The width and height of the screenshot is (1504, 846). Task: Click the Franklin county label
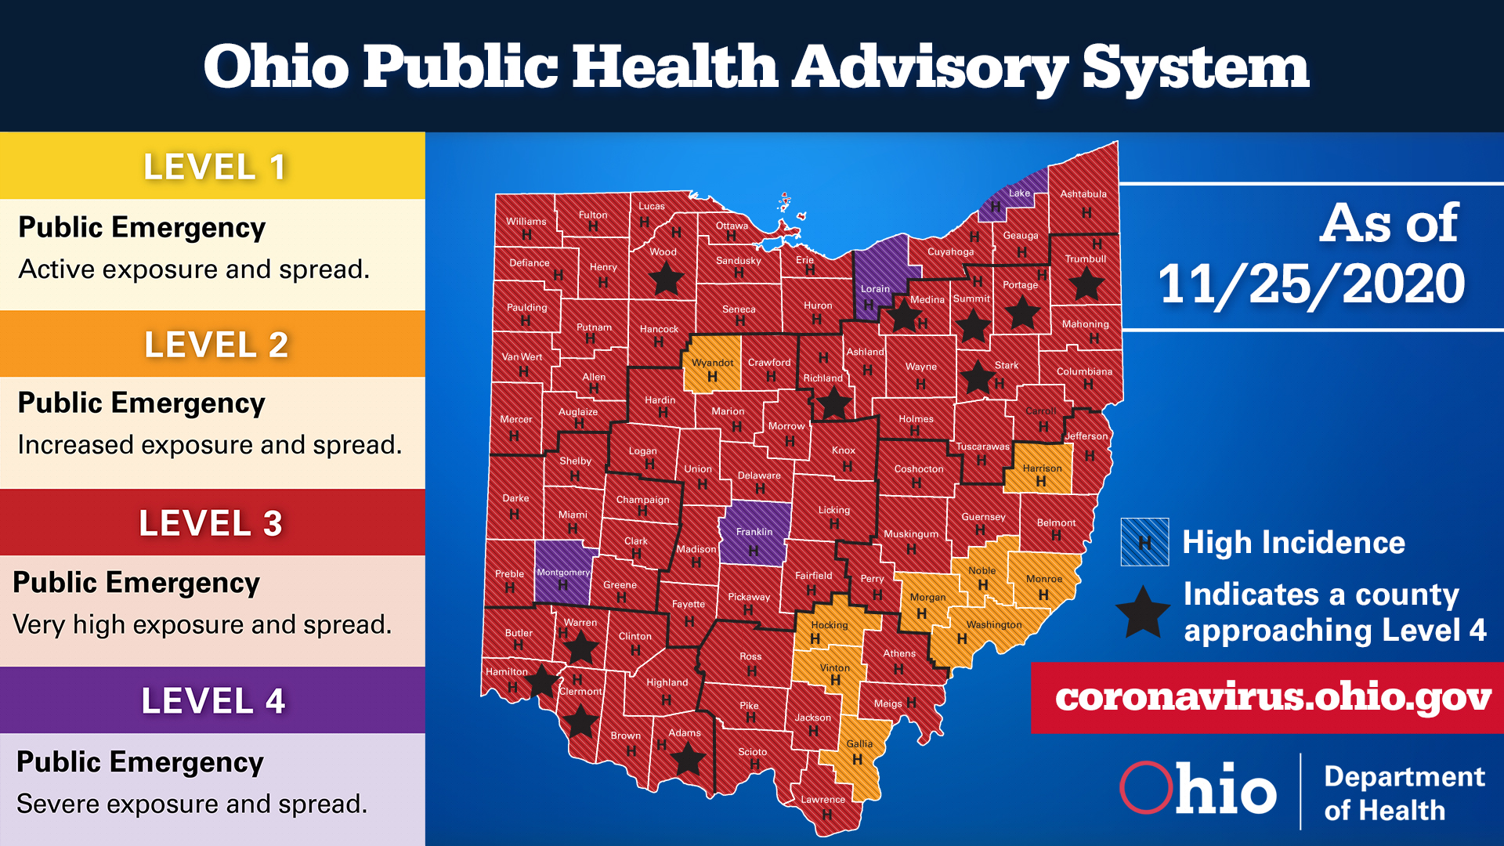(754, 532)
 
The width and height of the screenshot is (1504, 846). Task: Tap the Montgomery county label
(562, 573)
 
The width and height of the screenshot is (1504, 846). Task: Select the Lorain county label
(875, 289)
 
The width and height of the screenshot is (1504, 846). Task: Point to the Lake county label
(1019, 193)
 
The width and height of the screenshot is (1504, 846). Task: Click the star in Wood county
(666, 278)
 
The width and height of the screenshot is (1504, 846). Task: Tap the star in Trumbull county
(1086, 284)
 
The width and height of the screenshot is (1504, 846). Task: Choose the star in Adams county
(688, 758)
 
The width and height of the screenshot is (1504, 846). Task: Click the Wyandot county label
(712, 363)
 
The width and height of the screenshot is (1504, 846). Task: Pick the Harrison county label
(1042, 468)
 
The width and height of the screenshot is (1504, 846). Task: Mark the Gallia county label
(859, 744)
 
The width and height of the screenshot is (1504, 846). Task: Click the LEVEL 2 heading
(216, 345)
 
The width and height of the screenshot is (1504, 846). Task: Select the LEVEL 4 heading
(213, 701)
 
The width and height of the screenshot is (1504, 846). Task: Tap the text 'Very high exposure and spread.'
(202, 625)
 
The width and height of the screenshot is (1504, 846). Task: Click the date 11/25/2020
(1311, 284)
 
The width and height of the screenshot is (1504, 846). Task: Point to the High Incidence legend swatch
(1144, 542)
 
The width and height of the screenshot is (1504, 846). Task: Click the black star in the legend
(1143, 613)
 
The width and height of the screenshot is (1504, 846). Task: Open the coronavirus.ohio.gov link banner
(1272, 697)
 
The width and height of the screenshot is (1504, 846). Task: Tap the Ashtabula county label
(1083, 194)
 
